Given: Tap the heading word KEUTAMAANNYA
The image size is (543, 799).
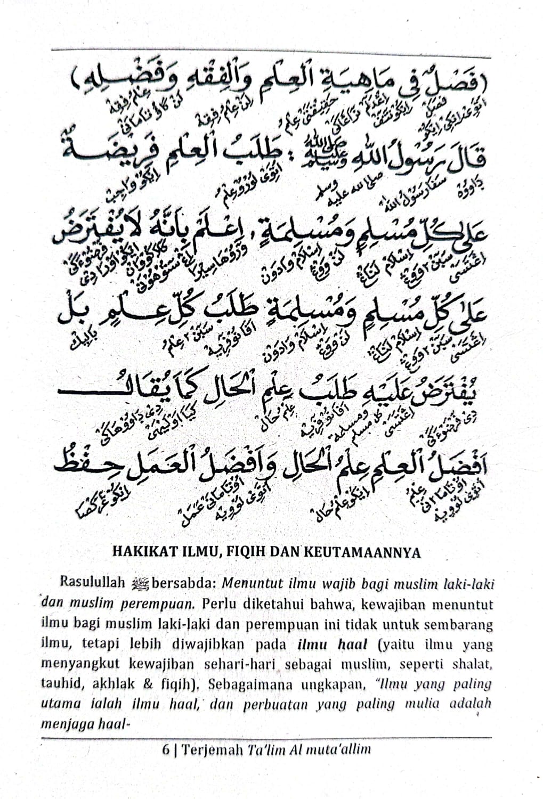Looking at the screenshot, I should tap(362, 552).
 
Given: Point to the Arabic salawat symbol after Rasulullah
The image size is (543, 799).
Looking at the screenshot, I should tap(141, 583).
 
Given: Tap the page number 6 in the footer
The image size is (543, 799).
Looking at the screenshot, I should tap(166, 749).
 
